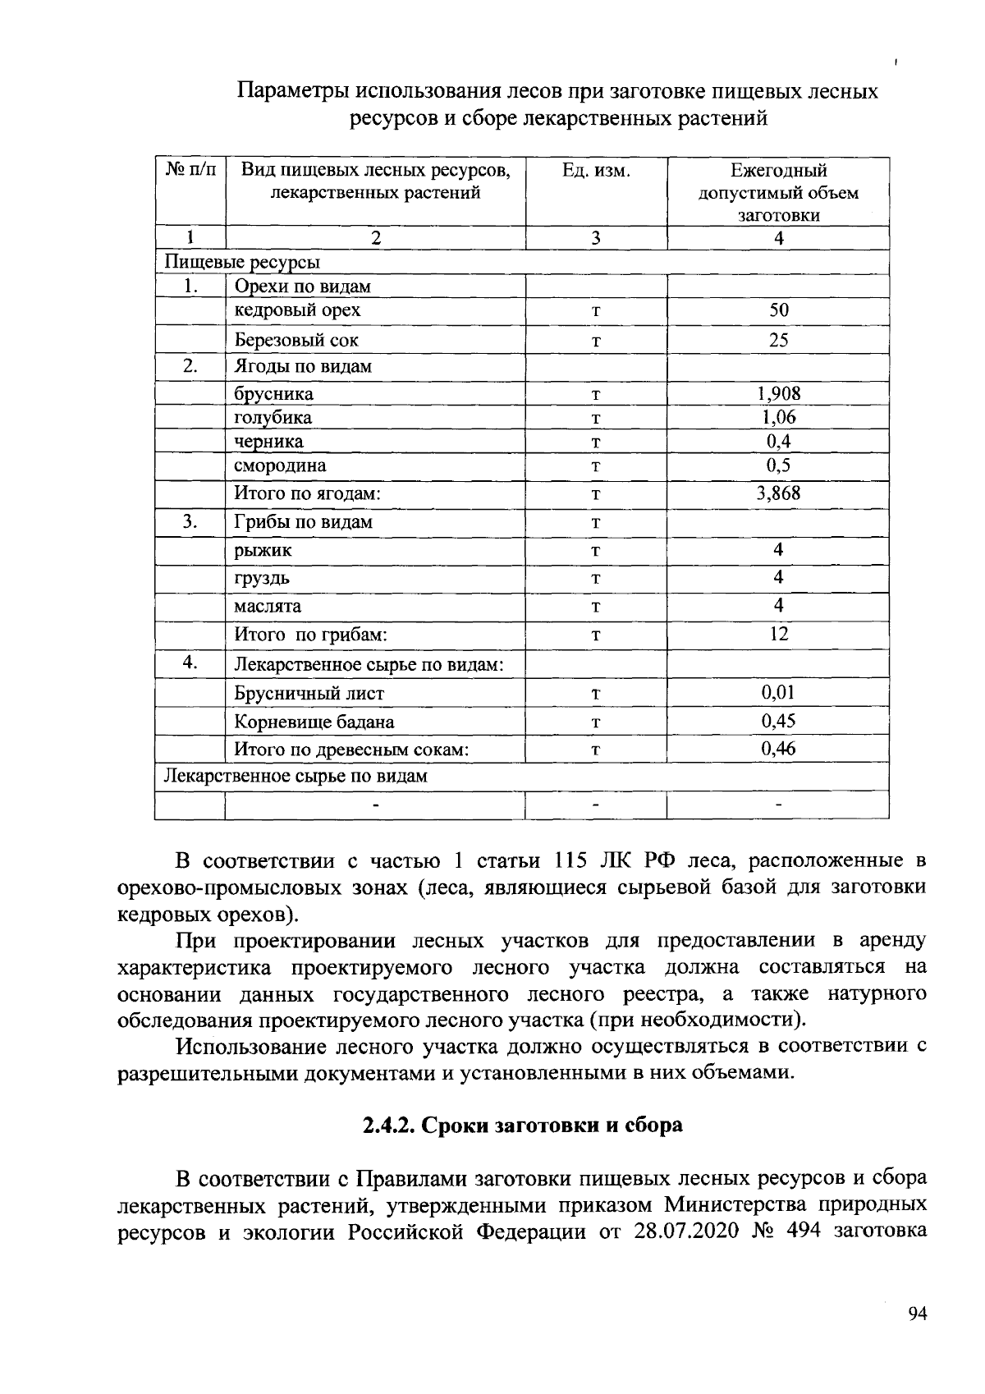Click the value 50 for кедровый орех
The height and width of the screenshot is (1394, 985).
coord(778,310)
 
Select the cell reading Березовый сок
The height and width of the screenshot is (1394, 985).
coord(296,340)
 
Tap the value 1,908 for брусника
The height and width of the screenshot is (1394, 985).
coord(778,393)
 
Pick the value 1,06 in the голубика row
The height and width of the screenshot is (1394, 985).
coord(778,417)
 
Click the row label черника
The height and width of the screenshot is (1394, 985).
coord(268,442)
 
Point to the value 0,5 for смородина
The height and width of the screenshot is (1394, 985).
coord(778,465)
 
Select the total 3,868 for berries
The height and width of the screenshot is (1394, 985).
coord(778,493)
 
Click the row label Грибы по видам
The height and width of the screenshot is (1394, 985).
coord(303,522)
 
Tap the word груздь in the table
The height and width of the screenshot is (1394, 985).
coord(262,578)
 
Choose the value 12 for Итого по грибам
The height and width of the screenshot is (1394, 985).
coord(778,634)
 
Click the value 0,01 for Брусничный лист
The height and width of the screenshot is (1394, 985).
coord(778,692)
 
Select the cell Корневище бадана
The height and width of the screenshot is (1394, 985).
coord(314,722)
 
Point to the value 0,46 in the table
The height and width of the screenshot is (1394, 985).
coord(778,748)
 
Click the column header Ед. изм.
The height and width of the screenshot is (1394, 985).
coord(596,171)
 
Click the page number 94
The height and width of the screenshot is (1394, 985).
coord(917,1314)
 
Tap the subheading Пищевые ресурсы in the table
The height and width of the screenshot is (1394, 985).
coord(243,262)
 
